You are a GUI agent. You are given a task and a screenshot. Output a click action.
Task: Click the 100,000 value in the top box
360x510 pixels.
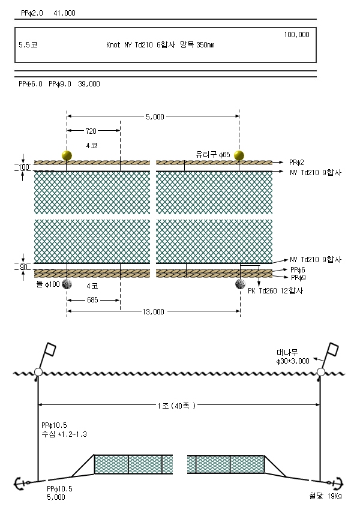(296, 35)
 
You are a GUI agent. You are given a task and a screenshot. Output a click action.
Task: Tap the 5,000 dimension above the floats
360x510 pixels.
(155, 117)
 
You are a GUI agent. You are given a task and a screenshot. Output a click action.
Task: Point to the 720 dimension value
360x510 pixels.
(91, 131)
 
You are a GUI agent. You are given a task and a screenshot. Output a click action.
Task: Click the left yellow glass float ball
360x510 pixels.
(67, 155)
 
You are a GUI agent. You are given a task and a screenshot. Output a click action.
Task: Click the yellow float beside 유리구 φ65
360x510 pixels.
(239, 155)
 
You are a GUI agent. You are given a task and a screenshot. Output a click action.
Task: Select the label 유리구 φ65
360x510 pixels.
(212, 154)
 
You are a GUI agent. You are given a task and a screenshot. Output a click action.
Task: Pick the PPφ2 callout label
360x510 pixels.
(296, 163)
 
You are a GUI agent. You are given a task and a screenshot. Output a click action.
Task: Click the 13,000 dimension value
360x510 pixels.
(153, 311)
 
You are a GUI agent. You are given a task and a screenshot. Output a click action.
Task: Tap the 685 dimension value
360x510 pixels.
(92, 300)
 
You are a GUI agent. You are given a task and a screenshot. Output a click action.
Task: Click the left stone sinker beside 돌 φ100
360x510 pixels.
(67, 284)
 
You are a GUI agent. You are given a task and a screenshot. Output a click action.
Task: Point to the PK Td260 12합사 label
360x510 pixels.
(275, 291)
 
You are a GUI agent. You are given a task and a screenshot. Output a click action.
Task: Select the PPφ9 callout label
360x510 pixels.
(298, 277)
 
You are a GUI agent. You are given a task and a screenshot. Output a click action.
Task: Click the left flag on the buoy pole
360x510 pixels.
(50, 350)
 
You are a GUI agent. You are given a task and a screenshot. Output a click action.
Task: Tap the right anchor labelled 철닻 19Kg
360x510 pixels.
(337, 483)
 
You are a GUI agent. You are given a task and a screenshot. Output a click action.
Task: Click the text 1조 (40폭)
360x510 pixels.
(176, 406)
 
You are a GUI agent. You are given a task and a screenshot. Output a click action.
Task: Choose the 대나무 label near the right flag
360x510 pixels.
(287, 352)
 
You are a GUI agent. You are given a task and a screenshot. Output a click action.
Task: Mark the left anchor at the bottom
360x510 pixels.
(22, 483)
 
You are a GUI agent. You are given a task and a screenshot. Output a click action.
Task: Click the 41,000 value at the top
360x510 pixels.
(64, 13)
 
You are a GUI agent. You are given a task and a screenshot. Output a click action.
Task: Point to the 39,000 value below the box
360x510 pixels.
(89, 84)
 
